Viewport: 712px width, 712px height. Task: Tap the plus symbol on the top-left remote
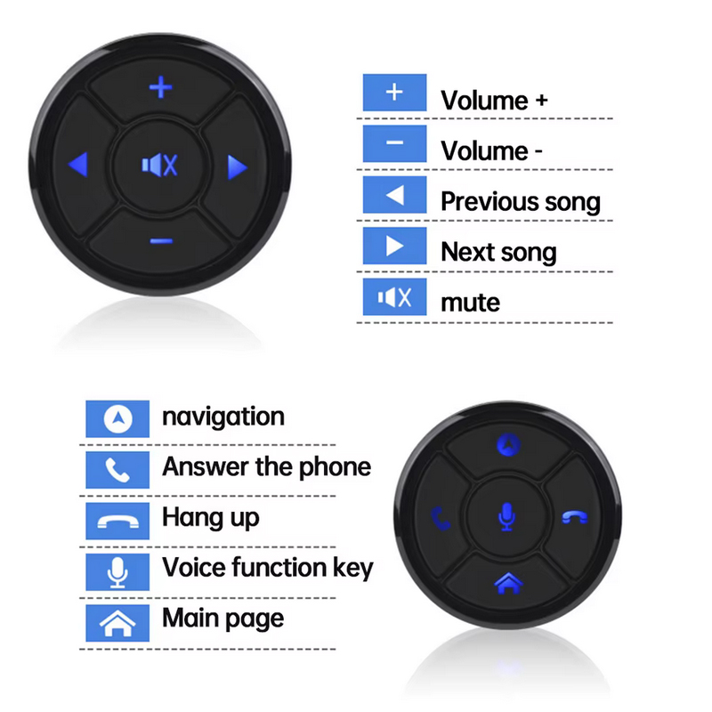pos(161,87)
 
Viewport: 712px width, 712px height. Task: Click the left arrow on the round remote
pos(78,164)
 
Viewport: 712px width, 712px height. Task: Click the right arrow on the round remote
pos(237,167)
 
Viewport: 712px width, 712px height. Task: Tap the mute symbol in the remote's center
pos(159,165)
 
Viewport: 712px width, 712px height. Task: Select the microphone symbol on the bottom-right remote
pos(506,517)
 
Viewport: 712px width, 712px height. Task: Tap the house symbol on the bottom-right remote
pos(508,583)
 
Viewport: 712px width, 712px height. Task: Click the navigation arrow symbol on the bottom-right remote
pos(508,444)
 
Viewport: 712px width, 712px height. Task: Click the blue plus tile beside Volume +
pos(394,93)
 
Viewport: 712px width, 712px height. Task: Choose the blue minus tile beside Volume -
pos(394,143)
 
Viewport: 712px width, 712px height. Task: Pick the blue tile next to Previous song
pos(394,195)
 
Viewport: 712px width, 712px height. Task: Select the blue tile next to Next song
pos(394,246)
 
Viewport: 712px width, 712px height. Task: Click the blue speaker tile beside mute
pos(394,297)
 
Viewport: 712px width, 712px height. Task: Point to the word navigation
pos(223,417)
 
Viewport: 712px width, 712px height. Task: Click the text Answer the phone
pos(266,466)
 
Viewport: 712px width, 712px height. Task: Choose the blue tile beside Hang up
pos(117,521)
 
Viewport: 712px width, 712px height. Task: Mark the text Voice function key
pos(268,568)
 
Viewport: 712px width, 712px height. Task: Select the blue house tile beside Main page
pos(117,623)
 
